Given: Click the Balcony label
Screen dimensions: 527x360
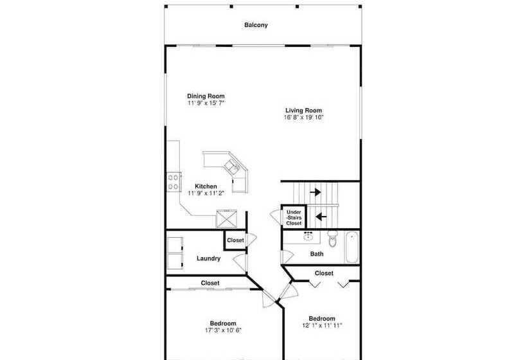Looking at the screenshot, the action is pyautogui.click(x=256, y=25).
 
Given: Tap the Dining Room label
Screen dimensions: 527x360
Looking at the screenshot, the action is pyautogui.click(x=206, y=96).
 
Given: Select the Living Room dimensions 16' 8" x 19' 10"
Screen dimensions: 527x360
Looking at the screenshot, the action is pyautogui.click(x=303, y=117).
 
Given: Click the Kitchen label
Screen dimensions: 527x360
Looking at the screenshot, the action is pyautogui.click(x=206, y=186).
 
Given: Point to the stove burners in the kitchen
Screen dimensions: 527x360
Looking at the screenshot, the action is pyautogui.click(x=174, y=182).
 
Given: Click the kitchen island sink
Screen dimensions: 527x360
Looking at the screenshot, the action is pyautogui.click(x=232, y=166).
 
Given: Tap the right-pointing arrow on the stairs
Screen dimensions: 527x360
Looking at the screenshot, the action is pyautogui.click(x=316, y=192).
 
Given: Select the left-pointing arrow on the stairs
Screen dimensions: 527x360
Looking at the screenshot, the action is pyautogui.click(x=321, y=217).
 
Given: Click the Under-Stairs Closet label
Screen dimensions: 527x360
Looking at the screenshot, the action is pyautogui.click(x=294, y=217).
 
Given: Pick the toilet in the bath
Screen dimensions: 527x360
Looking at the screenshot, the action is pyautogui.click(x=332, y=239).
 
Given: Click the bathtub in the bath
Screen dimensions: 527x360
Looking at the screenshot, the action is pyautogui.click(x=352, y=248).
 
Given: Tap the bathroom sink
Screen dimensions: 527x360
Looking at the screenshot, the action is pyautogui.click(x=308, y=237).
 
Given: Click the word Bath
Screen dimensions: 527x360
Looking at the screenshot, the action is pyautogui.click(x=317, y=254).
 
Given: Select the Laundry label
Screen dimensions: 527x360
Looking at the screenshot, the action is pyautogui.click(x=208, y=258).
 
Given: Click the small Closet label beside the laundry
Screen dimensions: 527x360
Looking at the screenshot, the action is pyautogui.click(x=235, y=240).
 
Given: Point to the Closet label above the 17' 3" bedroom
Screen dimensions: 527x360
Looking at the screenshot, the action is pyautogui.click(x=210, y=283).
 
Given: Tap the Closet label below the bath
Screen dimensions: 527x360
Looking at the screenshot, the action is pyautogui.click(x=324, y=273).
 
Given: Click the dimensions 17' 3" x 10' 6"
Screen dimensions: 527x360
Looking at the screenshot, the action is pyautogui.click(x=223, y=330).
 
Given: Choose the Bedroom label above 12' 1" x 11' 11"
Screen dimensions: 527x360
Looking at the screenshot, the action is pyautogui.click(x=322, y=318).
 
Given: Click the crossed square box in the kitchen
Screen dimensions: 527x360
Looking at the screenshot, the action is pyautogui.click(x=226, y=219).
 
